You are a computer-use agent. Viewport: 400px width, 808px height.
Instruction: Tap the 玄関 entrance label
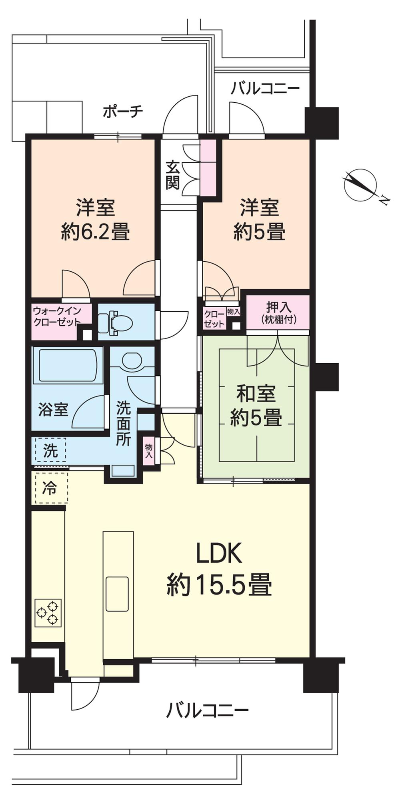click(x=173, y=175)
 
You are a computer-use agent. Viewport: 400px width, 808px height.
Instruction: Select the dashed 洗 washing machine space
click(x=50, y=450)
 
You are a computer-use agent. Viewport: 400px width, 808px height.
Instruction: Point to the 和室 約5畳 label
click(x=256, y=406)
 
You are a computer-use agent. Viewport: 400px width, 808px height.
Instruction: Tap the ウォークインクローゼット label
click(x=57, y=316)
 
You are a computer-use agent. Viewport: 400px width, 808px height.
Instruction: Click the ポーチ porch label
click(x=123, y=111)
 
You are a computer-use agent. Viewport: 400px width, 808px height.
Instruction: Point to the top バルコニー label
click(x=265, y=88)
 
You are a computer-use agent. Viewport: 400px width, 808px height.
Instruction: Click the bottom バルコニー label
click(x=208, y=710)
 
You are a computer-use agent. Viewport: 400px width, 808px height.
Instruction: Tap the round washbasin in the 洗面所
click(x=132, y=360)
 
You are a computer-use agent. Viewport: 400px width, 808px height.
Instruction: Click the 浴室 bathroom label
click(x=53, y=410)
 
